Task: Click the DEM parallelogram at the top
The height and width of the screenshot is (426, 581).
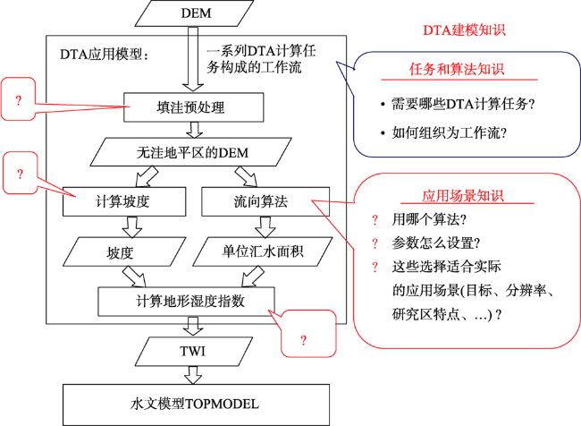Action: [194, 13]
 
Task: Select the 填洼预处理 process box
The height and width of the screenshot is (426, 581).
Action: [193, 107]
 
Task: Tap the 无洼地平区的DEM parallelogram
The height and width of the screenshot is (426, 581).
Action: [190, 152]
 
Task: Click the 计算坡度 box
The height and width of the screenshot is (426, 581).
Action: [124, 201]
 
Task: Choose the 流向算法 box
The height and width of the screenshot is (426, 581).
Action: [265, 201]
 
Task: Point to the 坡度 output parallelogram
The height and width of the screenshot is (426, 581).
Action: [124, 252]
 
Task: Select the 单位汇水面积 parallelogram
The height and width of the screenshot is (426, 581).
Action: [263, 252]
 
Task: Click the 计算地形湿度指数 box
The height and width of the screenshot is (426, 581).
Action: [187, 302]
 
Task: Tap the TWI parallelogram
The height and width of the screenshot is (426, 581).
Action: [193, 351]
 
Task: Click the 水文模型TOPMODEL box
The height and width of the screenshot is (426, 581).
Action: [196, 405]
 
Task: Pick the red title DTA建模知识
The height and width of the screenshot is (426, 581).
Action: [464, 30]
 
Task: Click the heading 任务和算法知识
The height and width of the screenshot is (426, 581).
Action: [457, 70]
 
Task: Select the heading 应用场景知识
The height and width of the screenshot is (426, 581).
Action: [463, 196]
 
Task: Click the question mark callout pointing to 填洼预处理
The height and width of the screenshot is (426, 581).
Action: [18, 99]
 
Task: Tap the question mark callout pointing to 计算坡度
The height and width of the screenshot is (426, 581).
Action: [20, 174]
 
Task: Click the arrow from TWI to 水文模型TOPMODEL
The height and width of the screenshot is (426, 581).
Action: [193, 375]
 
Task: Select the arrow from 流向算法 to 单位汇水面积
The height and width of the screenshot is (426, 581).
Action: [265, 227]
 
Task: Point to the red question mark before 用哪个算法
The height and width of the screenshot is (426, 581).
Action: [375, 220]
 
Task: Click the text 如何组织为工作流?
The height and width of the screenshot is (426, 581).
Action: [449, 132]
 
